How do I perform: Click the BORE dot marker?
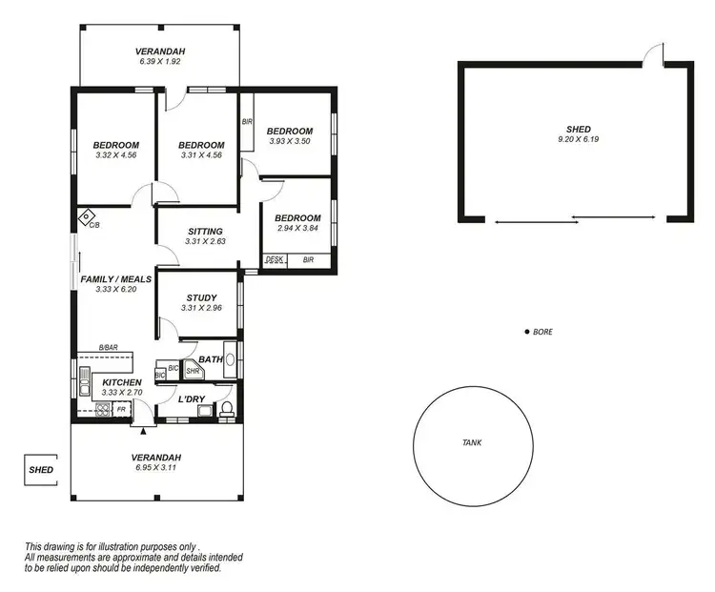coord(527,332)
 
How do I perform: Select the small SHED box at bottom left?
coord(41,470)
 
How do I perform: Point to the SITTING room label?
coord(205,231)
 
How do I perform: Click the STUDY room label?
coord(201,297)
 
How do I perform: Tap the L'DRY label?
coord(194,398)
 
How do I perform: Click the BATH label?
coord(211,359)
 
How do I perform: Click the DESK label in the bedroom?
coord(275,259)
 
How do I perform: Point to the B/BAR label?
coord(109,348)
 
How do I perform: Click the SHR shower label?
coord(192,371)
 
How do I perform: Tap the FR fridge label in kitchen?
coord(121,410)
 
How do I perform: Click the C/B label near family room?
coord(94,225)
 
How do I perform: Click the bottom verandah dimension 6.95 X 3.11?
coord(156,468)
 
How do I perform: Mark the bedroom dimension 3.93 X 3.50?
coord(289,142)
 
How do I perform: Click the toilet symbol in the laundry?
coord(227,410)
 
